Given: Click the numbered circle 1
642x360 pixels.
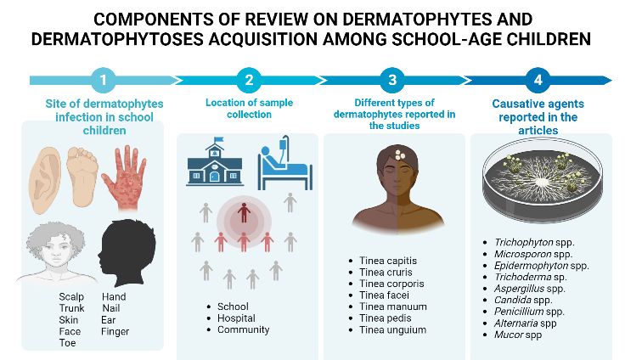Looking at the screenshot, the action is pyautogui.click(x=104, y=80).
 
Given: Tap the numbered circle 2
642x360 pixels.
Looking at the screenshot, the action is pyautogui.click(x=249, y=80).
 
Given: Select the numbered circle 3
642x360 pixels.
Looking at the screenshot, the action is pyautogui.click(x=392, y=80).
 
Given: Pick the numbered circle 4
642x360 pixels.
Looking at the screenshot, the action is pyautogui.click(x=538, y=80).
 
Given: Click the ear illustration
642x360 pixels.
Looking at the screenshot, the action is pyautogui.click(x=45, y=180).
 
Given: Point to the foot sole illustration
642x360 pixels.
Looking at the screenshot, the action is pyautogui.click(x=82, y=177).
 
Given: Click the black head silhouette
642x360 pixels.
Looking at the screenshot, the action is pyautogui.click(x=127, y=253).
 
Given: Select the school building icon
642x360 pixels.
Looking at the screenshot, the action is pyautogui.click(x=215, y=162).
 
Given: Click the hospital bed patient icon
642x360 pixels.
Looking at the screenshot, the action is pyautogui.click(x=285, y=163).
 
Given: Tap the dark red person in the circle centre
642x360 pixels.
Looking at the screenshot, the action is pyautogui.click(x=244, y=212).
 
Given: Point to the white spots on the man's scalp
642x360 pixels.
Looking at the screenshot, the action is pyautogui.click(x=400, y=155).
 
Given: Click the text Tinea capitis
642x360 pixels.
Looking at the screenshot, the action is pyautogui.click(x=388, y=261).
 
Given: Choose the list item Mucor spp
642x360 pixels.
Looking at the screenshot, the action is pyautogui.click(x=518, y=335).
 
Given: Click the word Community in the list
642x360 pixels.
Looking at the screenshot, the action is pyautogui.click(x=243, y=329).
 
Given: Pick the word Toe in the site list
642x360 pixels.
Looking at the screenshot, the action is pyautogui.click(x=68, y=343).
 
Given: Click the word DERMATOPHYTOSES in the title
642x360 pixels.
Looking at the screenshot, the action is pyautogui.click(x=117, y=40).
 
